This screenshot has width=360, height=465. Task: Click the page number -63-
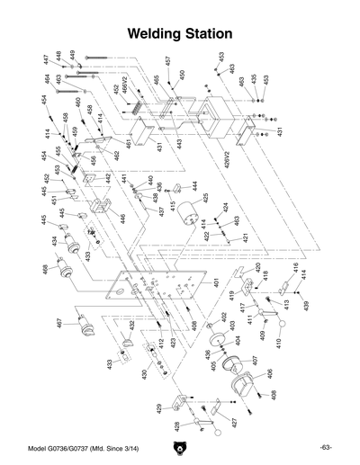click(x=325, y=447)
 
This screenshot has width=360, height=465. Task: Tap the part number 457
click(x=167, y=62)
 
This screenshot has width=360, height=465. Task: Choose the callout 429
click(x=159, y=408)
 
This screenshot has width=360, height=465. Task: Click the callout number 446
click(x=122, y=219)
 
